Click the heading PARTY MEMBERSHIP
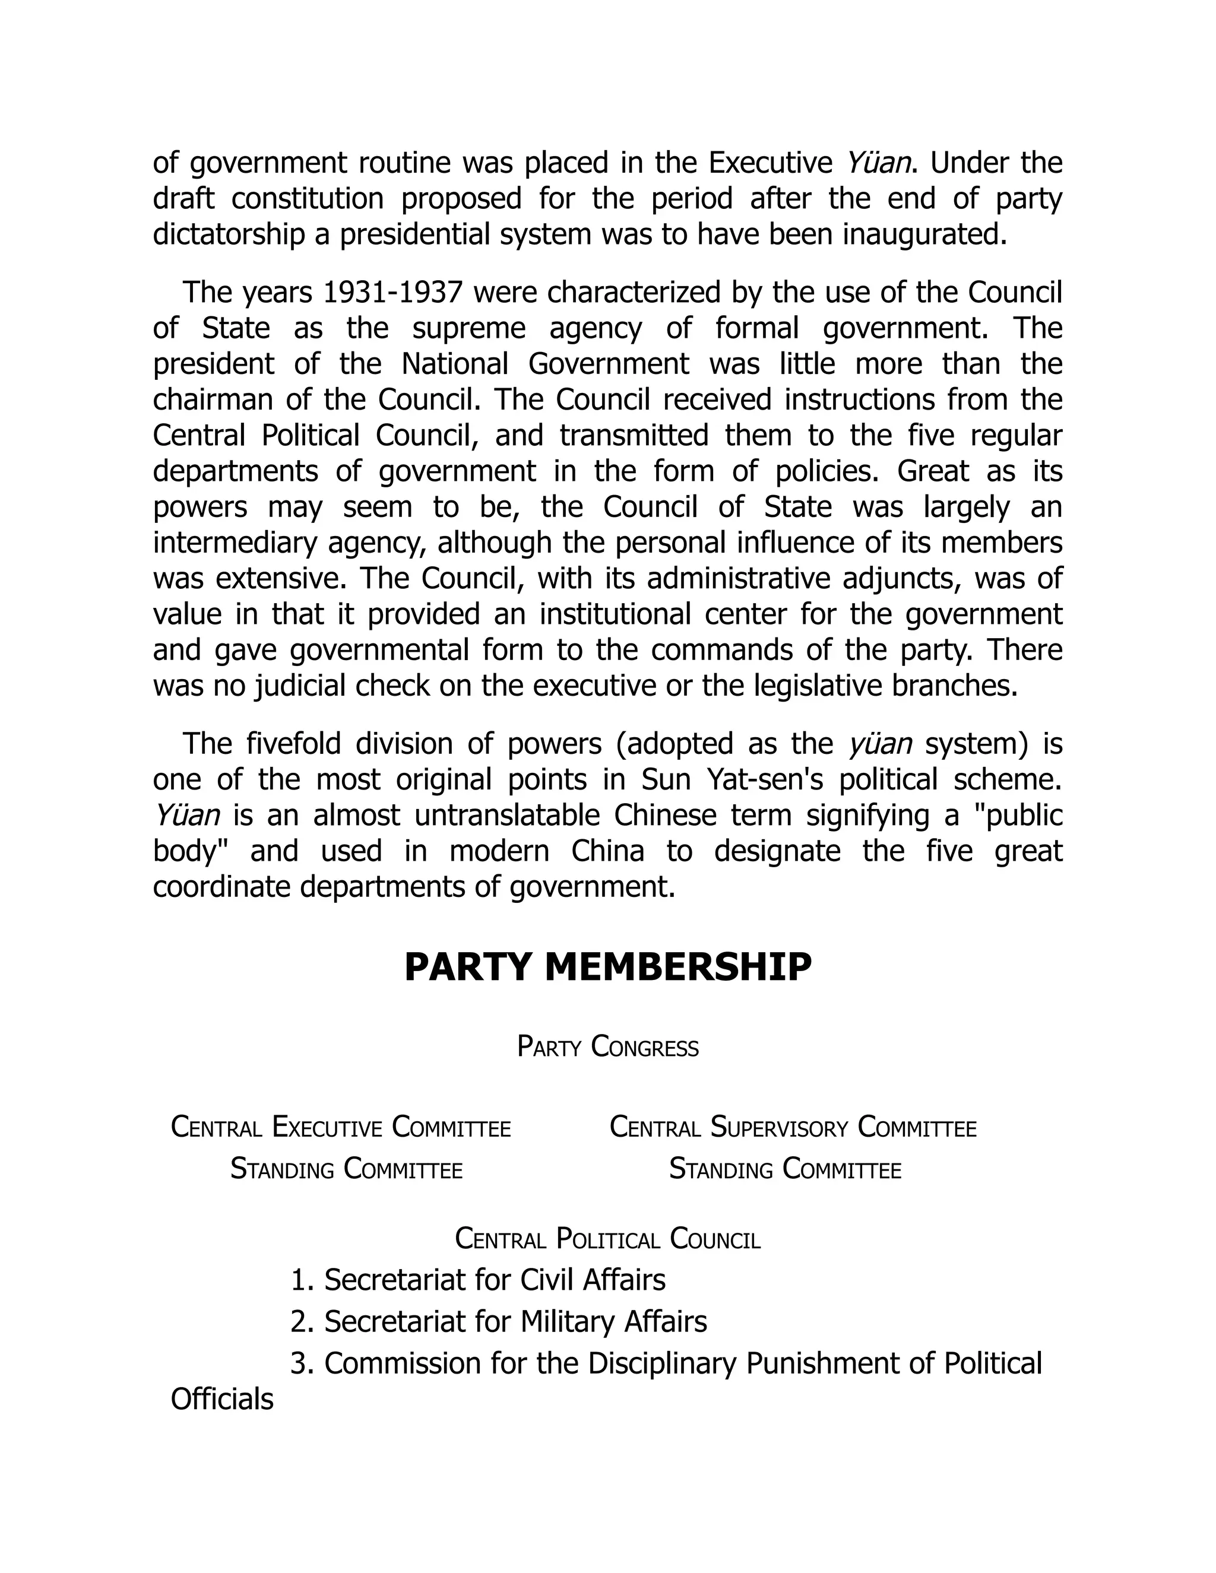tap(607, 968)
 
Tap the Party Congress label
tap(607, 1047)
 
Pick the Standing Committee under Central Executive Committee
tap(346, 1169)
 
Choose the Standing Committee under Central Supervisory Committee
tap(784, 1169)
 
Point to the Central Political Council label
tap(607, 1239)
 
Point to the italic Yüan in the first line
tap(878, 163)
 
